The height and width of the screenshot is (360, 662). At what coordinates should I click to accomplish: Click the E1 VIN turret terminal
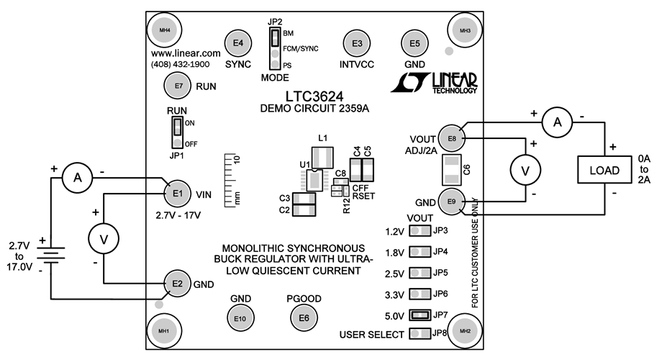(x=178, y=193)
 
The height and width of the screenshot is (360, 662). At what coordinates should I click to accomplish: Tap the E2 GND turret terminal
(x=177, y=284)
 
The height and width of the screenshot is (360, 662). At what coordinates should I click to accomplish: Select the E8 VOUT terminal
(x=452, y=138)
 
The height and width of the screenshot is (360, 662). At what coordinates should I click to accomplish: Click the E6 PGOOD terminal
(x=304, y=318)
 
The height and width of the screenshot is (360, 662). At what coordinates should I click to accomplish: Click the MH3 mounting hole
(x=464, y=30)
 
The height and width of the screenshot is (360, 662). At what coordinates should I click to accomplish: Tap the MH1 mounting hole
(x=163, y=330)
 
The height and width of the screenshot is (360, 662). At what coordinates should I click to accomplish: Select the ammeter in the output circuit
(x=556, y=123)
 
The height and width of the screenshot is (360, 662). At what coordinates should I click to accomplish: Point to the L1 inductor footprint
(x=321, y=156)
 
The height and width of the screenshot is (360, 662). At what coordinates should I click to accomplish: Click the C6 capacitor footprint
(x=451, y=170)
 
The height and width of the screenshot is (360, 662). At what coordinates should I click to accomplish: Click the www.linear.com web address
(x=186, y=54)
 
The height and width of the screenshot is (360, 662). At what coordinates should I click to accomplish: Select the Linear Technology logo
(x=434, y=83)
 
